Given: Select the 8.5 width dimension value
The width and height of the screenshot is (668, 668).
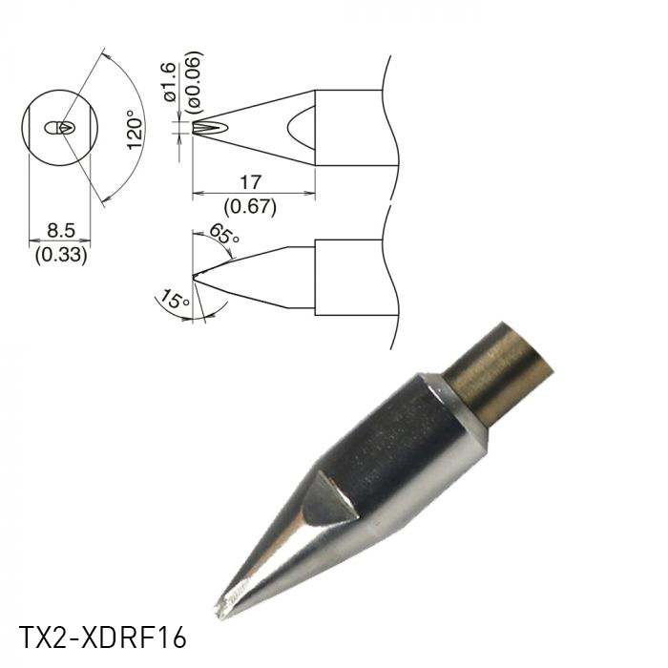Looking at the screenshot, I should point(60,230).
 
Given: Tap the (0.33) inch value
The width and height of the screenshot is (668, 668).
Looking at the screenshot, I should point(60,255).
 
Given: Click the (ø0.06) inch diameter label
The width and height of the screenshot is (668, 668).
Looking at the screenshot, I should point(192,80).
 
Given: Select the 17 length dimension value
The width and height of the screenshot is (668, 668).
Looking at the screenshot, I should point(252,181).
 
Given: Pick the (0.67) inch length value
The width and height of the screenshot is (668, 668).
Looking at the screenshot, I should point(252,205).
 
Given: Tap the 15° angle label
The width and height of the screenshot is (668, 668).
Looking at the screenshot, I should point(173,302).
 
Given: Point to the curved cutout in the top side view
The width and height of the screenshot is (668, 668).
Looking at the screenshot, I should point(302,128).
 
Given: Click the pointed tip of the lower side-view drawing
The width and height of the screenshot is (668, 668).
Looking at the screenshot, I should point(194,278).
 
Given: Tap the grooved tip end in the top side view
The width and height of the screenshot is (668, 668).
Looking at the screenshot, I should point(200,128).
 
